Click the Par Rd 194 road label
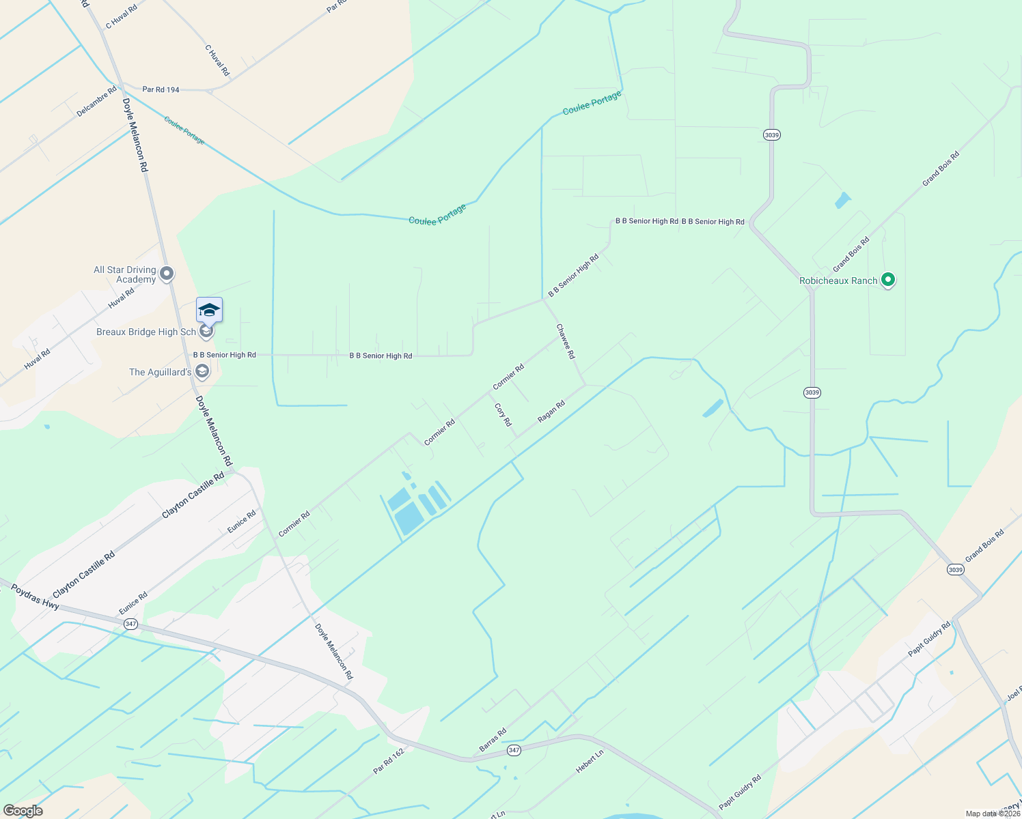pyautogui.click(x=161, y=89)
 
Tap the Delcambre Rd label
pyautogui.click(x=96, y=102)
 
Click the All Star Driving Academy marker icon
pyautogui.click(x=166, y=274)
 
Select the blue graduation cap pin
pyautogui.click(x=209, y=311)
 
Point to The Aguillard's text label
pyautogui.click(x=161, y=372)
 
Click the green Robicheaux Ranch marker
pyautogui.click(x=887, y=280)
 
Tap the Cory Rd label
pyautogui.click(x=503, y=414)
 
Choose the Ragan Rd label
pyautogui.click(x=551, y=412)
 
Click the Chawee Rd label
pyautogui.click(x=566, y=341)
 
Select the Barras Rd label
pyautogui.click(x=493, y=740)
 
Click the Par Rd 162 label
pyautogui.click(x=389, y=761)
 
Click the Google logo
pyautogui.click(x=23, y=811)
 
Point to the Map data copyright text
pyautogui.click(x=993, y=814)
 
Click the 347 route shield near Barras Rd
pyautogui.click(x=514, y=750)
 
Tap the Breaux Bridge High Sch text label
pyautogui.click(x=146, y=332)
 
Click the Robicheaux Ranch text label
pyautogui.click(x=838, y=281)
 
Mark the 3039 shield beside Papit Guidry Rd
pyautogui.click(x=955, y=569)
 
